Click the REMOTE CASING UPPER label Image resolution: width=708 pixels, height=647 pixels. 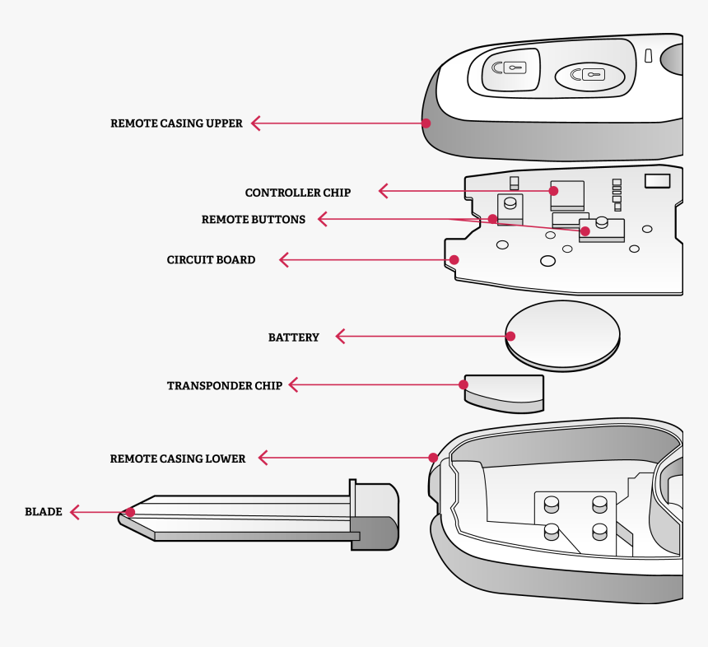(176, 123)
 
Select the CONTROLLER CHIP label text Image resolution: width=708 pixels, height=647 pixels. (297, 193)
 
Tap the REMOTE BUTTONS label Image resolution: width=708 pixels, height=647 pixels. (253, 220)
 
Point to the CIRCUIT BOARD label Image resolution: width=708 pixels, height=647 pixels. (211, 260)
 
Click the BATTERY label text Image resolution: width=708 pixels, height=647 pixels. (293, 337)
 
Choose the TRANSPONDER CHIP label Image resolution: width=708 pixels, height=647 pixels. (224, 385)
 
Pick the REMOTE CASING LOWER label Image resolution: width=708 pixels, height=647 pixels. (177, 458)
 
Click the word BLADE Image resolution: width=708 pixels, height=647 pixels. (43, 512)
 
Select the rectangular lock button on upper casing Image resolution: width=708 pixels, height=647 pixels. (504, 69)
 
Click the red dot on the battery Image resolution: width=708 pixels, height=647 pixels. (510, 336)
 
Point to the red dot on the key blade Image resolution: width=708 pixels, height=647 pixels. (129, 512)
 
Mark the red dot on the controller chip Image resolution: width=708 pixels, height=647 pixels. (554, 191)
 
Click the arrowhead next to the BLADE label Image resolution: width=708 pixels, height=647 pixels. (74, 512)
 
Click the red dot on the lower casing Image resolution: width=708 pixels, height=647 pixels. (433, 458)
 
